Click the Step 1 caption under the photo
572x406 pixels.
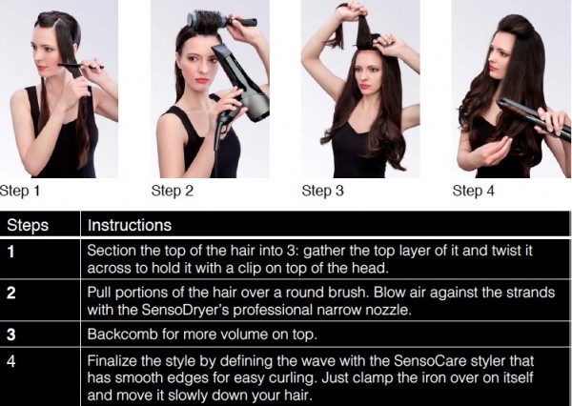tap(20, 192)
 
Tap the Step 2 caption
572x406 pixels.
tap(173, 192)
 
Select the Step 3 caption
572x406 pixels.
tap(323, 192)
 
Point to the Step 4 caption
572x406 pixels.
tap(474, 192)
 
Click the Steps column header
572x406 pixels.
tap(28, 225)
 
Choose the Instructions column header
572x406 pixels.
tap(130, 225)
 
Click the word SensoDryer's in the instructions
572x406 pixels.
tap(185, 311)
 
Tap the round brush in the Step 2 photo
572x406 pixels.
tap(221, 20)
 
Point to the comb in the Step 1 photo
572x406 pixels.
tap(80, 66)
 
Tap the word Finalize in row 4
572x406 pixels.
tap(112, 361)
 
